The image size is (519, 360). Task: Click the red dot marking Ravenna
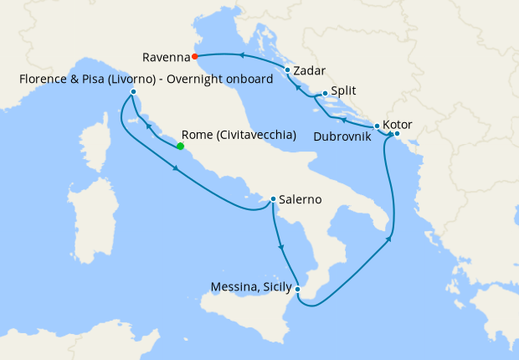click(194, 57)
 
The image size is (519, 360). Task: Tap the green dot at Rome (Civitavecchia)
click(180, 147)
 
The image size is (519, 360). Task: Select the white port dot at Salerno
click(273, 199)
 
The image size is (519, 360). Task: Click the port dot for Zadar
click(287, 70)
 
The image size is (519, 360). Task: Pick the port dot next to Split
click(325, 93)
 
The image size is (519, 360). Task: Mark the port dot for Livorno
click(133, 91)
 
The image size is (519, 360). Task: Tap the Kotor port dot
click(397, 134)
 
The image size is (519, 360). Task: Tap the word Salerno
click(301, 199)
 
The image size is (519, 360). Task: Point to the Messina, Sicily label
click(249, 288)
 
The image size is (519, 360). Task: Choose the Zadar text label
click(311, 70)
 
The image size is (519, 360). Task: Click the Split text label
click(344, 91)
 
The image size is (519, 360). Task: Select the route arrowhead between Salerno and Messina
click(281, 248)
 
